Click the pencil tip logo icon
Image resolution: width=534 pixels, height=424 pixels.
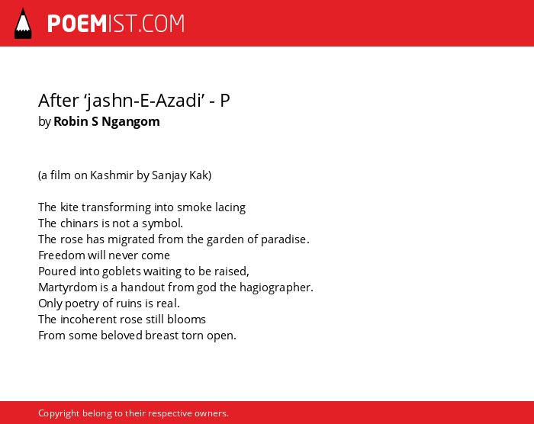(x=23, y=23)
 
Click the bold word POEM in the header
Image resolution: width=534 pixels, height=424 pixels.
(x=77, y=24)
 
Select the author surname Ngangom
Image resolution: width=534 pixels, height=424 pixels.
(x=130, y=121)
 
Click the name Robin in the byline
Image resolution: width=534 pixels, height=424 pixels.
(x=71, y=121)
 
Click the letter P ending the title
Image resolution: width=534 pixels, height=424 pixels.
(x=225, y=101)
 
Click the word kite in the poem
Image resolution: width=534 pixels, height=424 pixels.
(x=69, y=207)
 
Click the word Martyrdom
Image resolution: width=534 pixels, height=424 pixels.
(x=68, y=287)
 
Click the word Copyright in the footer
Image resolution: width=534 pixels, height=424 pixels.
(x=59, y=413)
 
